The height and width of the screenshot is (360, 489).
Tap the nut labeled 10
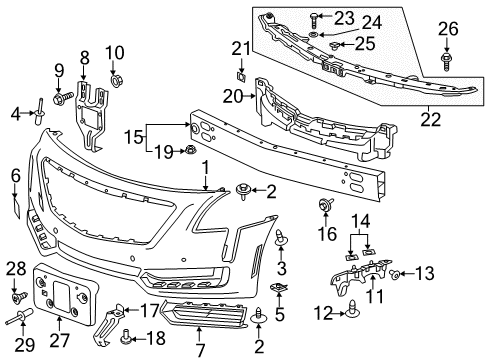[x=116, y=77]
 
